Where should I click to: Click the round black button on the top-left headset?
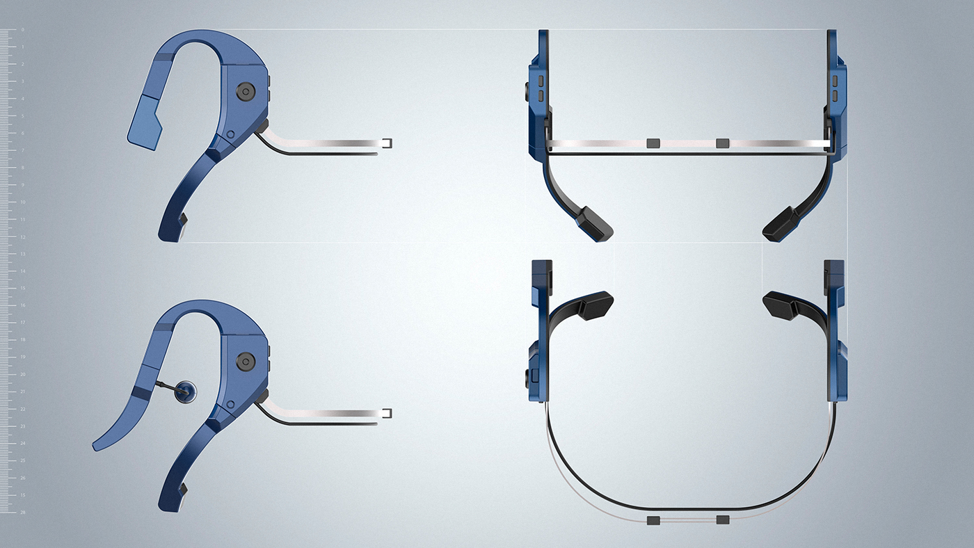coord(245,91)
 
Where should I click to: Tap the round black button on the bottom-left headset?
coord(245,361)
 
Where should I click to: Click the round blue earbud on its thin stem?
coord(185,392)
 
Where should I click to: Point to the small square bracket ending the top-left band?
coord(387,143)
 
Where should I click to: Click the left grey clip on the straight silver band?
coord(653,143)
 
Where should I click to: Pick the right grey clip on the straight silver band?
coord(722,143)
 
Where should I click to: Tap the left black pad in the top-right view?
coord(593,223)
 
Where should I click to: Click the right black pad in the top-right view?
coord(781,224)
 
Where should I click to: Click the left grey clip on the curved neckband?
coord(653,520)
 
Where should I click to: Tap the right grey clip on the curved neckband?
coord(722,520)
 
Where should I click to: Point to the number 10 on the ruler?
coord(22,202)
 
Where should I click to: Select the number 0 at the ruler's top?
coord(22,31)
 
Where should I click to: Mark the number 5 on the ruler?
coord(22,116)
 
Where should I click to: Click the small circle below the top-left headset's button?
coord(230,134)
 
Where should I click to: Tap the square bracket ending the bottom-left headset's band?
coord(387,413)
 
